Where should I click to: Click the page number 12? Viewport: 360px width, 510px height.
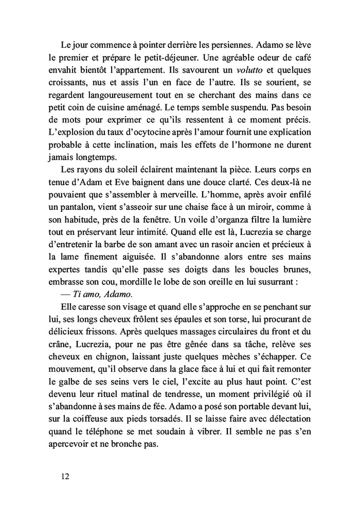65,476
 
